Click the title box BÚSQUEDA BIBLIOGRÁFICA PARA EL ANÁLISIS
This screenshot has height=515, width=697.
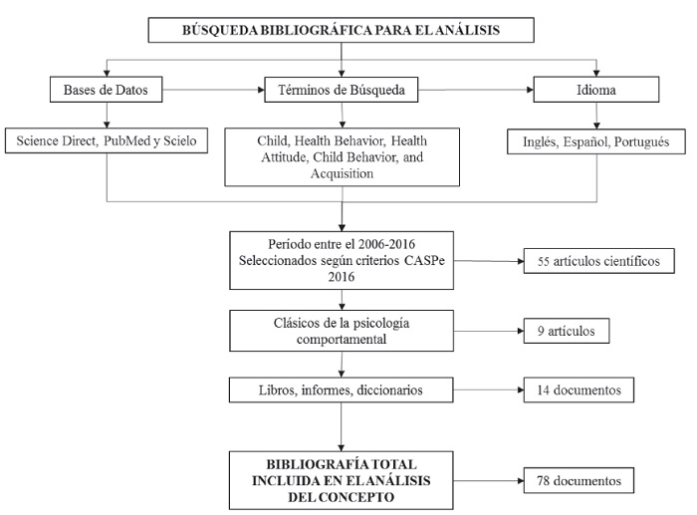point(341,31)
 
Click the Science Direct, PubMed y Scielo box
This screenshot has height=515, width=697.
point(107,141)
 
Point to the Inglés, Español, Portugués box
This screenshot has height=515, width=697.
point(596,141)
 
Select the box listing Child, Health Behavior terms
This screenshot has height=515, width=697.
point(342,157)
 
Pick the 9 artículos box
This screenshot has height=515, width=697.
point(565,331)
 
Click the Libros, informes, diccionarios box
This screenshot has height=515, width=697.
point(342,389)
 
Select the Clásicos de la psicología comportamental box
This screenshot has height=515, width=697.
point(342,331)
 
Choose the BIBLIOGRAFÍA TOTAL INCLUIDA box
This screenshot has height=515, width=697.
point(342,480)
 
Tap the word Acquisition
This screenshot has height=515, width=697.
point(341,173)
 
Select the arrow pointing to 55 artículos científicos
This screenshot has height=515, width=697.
point(488,263)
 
